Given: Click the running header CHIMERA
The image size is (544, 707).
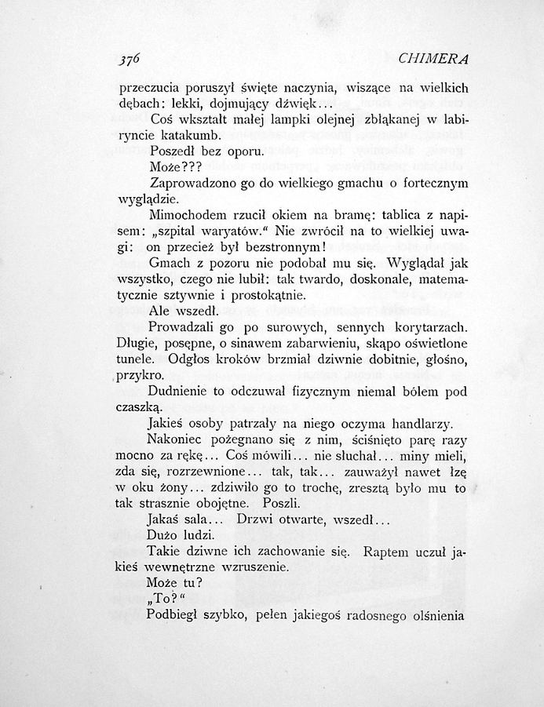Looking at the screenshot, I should point(433,59).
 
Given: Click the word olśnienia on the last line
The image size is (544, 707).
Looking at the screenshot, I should point(436,615).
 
